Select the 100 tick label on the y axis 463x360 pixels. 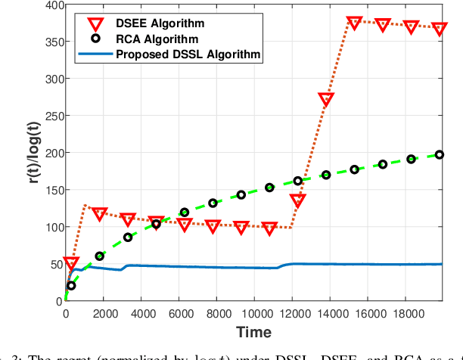51,227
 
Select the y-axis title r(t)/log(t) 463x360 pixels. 25,154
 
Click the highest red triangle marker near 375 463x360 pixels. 354,23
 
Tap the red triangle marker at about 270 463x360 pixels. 326,99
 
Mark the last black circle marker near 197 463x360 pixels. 440,154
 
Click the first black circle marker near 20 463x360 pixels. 71,286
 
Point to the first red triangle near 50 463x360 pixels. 71,263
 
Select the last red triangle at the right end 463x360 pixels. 440,28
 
